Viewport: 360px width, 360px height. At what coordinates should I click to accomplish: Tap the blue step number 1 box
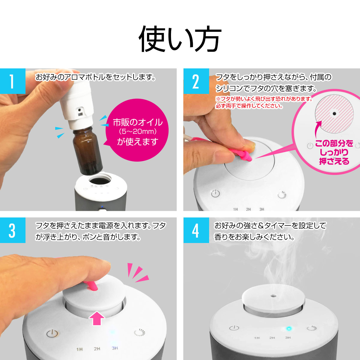tap(13, 81)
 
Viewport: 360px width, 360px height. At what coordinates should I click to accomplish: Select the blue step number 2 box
tap(196, 81)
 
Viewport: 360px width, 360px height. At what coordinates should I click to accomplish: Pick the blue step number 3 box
tap(13, 230)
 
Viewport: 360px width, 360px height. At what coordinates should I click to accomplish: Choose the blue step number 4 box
tap(196, 230)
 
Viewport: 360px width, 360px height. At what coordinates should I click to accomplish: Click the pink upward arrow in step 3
tap(97, 317)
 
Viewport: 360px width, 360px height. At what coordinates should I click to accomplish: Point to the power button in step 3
tap(52, 334)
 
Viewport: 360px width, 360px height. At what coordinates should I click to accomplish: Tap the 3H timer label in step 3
tap(115, 348)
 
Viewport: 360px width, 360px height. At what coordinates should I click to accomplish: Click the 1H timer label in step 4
tap(257, 338)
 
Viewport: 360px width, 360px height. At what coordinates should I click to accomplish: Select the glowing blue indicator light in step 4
tap(289, 328)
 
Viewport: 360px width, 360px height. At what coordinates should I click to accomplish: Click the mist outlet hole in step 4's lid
tap(274, 296)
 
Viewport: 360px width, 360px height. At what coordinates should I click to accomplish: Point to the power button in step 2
tap(215, 193)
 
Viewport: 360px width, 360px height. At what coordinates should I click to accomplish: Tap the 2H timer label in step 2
tap(248, 209)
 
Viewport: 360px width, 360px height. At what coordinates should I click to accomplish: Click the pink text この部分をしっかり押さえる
tap(334, 152)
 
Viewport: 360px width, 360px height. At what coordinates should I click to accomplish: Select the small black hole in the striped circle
tap(334, 113)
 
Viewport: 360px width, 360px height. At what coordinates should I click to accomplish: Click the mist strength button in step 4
tap(312, 328)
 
